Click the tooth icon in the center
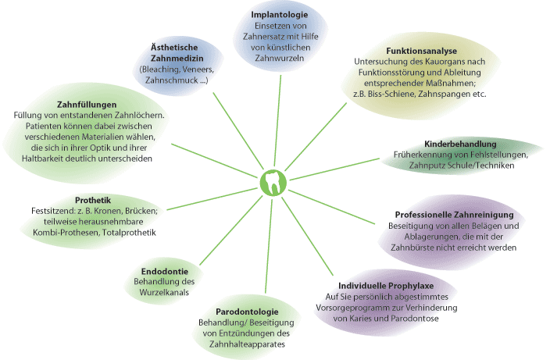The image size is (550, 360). pos(271,183)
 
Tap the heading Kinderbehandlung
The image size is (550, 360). pos(460,144)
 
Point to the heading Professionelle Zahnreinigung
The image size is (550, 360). pos(453,214)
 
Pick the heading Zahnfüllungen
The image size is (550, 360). pos(87,104)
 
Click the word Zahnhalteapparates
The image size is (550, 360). pos(241,344)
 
